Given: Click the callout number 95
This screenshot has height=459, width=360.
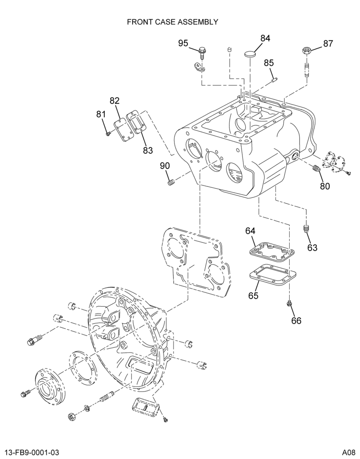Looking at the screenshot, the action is point(183,43).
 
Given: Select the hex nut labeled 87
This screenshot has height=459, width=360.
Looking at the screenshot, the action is point(307,50).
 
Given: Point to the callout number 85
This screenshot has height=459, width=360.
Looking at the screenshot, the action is point(269,62).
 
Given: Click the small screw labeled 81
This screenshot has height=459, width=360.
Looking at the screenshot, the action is point(108,134).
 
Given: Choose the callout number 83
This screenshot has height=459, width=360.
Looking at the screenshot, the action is point(148,150).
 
